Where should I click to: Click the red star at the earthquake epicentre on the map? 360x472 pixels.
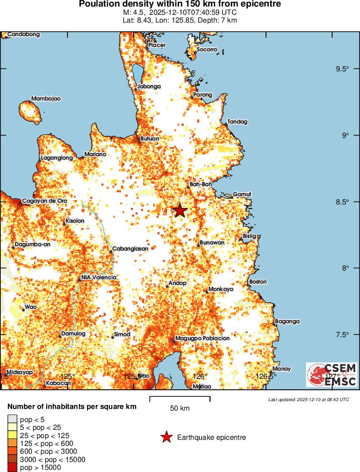point(180,211)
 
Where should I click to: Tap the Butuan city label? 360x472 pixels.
point(150,139)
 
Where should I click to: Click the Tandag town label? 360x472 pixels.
point(237,122)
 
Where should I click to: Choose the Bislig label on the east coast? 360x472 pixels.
point(250,236)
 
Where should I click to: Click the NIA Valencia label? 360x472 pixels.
point(99,278)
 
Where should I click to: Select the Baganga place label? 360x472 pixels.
point(288,321)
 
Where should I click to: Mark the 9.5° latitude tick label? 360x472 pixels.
point(343,69)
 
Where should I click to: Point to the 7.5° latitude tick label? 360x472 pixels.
point(343,334)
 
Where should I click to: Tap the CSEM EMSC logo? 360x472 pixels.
point(331,375)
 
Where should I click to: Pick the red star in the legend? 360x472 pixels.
point(166,438)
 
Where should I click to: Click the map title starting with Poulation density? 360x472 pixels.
point(180,4)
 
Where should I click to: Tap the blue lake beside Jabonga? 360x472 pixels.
point(138,74)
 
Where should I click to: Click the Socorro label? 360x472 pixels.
point(207,50)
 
